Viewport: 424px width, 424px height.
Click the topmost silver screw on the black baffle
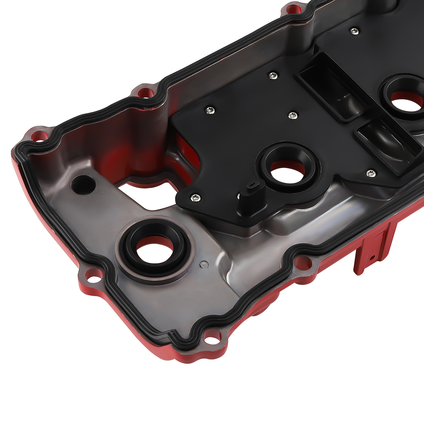354,31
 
